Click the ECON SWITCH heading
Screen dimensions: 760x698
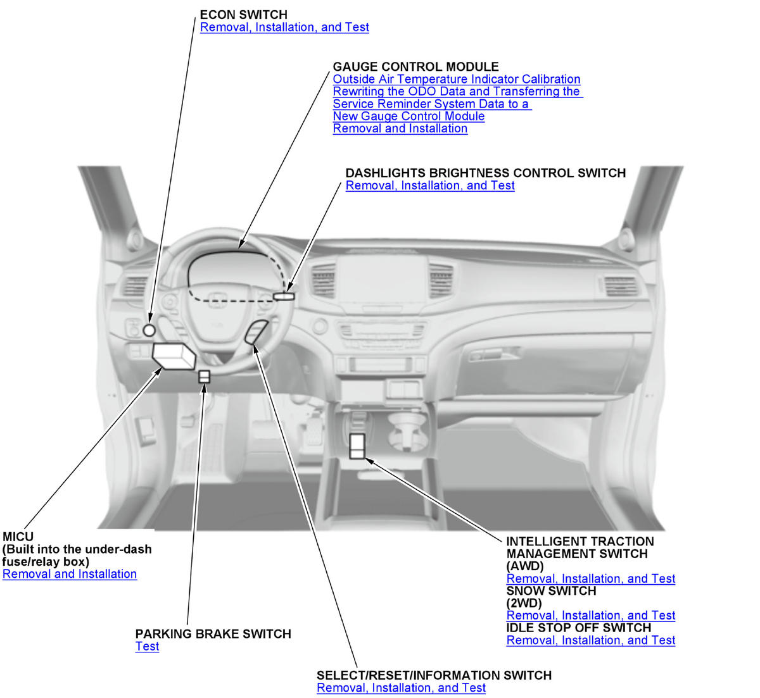(243, 15)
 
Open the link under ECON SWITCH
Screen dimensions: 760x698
(284, 27)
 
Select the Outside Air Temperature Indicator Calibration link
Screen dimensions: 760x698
(456, 79)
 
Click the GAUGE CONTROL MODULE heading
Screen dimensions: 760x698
(415, 66)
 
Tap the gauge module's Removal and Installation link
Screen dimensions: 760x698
(400, 128)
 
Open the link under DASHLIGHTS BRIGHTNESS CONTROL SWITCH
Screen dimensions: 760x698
(430, 185)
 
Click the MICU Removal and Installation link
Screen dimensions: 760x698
(70, 574)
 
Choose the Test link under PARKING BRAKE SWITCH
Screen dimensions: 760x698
(147, 646)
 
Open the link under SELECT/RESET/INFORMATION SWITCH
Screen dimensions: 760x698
(401, 688)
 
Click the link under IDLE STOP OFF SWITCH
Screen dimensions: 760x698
(591, 640)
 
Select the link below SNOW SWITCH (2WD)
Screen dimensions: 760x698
(591, 615)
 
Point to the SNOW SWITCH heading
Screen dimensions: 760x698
(551, 591)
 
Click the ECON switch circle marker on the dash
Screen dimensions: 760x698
(149, 330)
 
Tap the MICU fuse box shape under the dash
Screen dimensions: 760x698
(174, 356)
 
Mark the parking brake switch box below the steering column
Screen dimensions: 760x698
(204, 377)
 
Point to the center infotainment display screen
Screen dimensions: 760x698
(382, 278)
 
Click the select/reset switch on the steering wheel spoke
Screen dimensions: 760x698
(256, 332)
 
